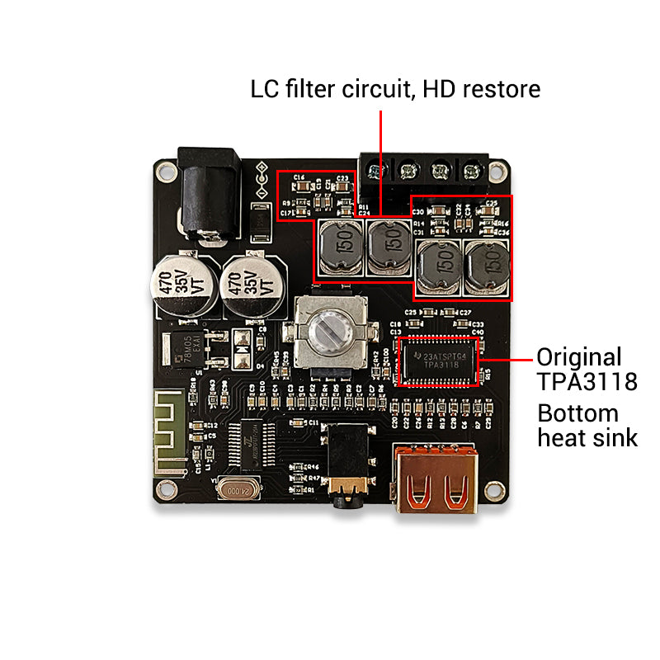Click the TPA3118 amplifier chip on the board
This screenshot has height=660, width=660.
pos(437,361)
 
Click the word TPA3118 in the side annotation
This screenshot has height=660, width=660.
pos(587,383)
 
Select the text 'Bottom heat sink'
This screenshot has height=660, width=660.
pos(587,425)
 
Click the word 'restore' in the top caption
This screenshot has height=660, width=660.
pos(498,89)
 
